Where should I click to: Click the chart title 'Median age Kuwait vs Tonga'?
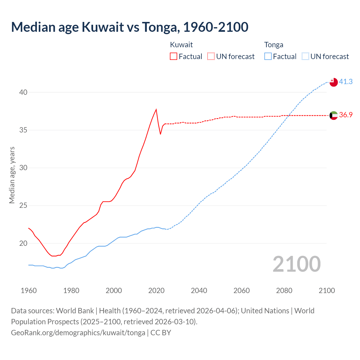(x=130, y=27)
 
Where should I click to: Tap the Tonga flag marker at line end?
(x=333, y=82)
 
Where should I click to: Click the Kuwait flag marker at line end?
(x=333, y=115)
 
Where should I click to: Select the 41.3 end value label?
(x=346, y=82)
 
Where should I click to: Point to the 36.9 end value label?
(x=346, y=115)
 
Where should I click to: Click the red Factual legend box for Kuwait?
(x=174, y=57)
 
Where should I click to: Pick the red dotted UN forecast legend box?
(x=211, y=57)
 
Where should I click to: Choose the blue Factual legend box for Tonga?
(x=268, y=57)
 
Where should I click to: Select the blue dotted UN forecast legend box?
(x=305, y=57)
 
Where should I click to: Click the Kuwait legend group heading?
(x=181, y=45)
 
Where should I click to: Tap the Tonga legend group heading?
(x=274, y=45)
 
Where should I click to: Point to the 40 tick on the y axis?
(x=23, y=92)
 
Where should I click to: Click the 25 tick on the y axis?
(x=23, y=206)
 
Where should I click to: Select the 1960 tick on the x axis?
(x=29, y=291)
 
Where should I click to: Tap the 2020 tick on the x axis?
(x=156, y=291)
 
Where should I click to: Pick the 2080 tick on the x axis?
(x=284, y=291)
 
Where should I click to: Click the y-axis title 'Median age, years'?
(x=12, y=175)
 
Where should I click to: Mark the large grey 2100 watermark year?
(x=296, y=264)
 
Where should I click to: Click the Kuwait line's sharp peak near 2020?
(x=156, y=109)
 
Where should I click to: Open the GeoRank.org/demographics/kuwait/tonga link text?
(x=78, y=333)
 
